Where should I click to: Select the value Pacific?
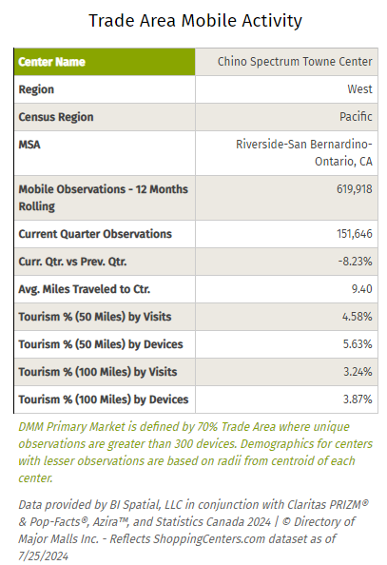(x=354, y=117)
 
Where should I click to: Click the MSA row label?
(x=30, y=145)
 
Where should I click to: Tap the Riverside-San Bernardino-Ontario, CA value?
(x=304, y=152)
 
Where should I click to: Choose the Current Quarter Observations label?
(x=95, y=233)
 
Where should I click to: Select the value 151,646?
(x=351, y=233)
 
